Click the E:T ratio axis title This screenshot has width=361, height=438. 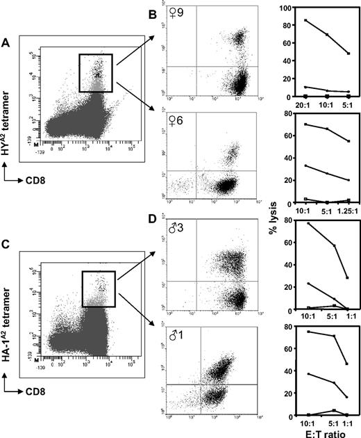click(x=319, y=432)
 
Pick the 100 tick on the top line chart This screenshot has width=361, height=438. click(x=271, y=8)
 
